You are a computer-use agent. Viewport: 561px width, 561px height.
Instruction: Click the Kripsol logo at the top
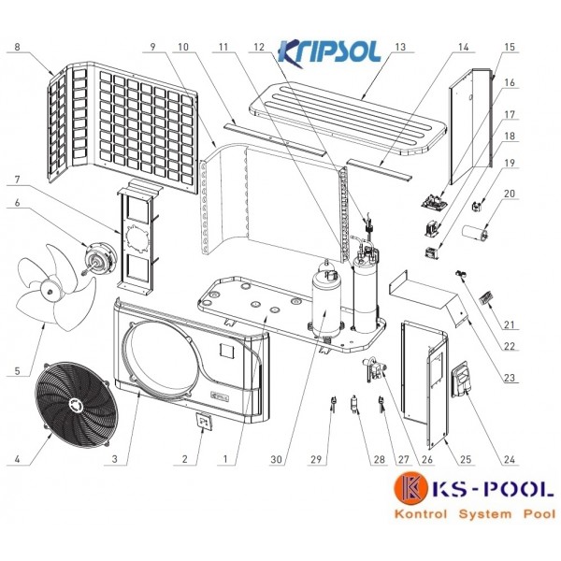tap(329, 53)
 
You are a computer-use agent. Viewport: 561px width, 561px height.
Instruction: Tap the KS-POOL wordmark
tap(493, 489)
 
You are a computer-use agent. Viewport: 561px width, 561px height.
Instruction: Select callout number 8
tap(18, 47)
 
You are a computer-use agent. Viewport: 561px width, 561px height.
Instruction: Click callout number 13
tap(400, 47)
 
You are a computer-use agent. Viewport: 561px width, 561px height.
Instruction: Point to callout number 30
tap(276, 459)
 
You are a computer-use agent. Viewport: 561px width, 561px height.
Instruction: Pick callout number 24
tap(510, 459)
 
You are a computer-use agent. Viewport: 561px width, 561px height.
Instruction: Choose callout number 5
tap(17, 370)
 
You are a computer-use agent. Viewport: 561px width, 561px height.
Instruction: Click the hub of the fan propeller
tap(50, 288)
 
